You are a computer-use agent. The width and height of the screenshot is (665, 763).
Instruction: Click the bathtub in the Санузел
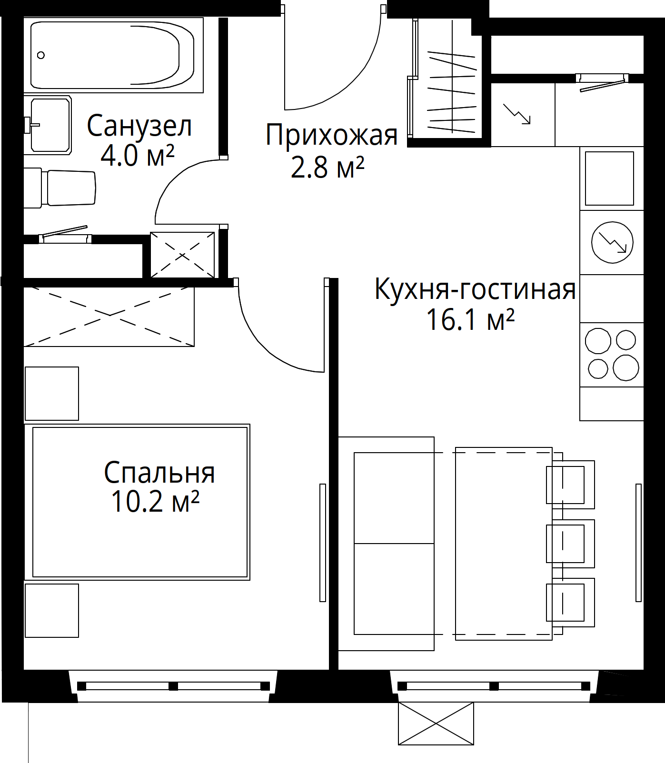pyautogui.click(x=112, y=55)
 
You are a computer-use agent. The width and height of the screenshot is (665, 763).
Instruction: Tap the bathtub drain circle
pyautogui.click(x=41, y=55)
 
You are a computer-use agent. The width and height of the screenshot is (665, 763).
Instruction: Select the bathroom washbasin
pyautogui.click(x=50, y=125)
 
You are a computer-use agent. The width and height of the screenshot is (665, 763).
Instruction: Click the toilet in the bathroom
pyautogui.click(x=67, y=188)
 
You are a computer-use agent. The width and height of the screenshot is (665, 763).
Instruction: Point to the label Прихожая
pyautogui.click(x=331, y=135)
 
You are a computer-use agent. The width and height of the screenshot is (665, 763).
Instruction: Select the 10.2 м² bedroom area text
pyautogui.click(x=155, y=501)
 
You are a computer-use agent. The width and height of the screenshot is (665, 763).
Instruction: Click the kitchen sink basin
pyautogui.click(x=609, y=178)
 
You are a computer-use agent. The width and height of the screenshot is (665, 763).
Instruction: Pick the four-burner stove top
pyautogui.click(x=612, y=354)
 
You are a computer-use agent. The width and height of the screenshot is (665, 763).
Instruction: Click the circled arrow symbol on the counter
pyautogui.click(x=612, y=242)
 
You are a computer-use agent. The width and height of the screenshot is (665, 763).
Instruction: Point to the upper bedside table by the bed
pyautogui.click(x=51, y=393)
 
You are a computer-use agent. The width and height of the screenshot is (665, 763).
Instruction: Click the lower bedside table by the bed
pyautogui.click(x=51, y=610)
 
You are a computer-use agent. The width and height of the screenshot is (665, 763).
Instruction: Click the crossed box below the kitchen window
pyautogui.click(x=436, y=723)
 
